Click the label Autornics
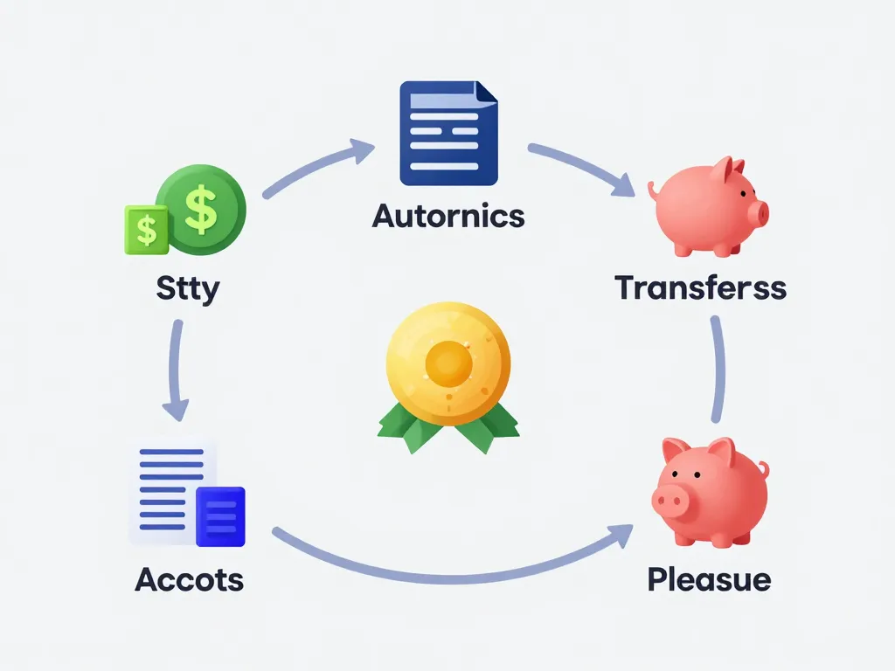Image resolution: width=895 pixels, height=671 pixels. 448,217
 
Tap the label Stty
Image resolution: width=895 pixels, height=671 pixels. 188,288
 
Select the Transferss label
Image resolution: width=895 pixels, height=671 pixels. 700,287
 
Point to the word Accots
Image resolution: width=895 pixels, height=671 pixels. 190,580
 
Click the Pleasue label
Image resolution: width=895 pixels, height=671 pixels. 709,580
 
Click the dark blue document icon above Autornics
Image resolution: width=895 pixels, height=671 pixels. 448,133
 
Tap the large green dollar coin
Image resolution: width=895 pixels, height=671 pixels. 201,210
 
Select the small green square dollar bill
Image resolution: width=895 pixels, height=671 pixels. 147,230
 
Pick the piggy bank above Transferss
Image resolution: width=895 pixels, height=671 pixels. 708,206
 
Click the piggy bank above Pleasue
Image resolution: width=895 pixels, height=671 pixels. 710,493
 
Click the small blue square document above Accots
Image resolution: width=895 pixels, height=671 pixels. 220,516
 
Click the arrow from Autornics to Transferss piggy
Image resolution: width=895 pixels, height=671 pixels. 582,166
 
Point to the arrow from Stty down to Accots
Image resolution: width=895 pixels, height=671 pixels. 177,370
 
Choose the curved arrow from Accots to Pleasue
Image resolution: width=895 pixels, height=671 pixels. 451,578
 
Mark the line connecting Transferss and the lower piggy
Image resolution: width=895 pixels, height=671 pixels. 718,370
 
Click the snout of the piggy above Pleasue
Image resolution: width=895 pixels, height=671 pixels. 669,502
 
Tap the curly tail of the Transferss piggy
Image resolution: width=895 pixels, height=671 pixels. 653,190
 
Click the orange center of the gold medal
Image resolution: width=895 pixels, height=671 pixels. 448,363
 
